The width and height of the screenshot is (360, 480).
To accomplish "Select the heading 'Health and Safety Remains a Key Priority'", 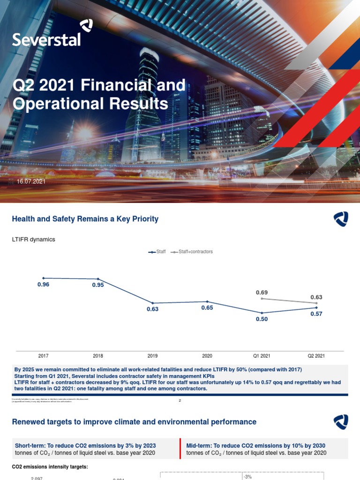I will point(85,219).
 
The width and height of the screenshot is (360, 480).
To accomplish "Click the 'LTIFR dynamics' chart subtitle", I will point(33,240).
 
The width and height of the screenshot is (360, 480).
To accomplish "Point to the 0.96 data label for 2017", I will point(43,285).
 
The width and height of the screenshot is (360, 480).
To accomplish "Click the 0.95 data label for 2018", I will point(97,285).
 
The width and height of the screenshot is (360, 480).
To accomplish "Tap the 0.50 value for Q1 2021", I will point(262,319).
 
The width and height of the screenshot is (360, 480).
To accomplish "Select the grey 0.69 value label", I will point(262,292).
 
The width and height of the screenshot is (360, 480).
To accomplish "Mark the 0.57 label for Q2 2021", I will point(316,314).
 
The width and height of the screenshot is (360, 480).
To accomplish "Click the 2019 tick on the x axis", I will point(152,356).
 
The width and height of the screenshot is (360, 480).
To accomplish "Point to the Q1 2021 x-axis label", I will point(262,356).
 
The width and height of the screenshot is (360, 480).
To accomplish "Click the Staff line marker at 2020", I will point(207,301).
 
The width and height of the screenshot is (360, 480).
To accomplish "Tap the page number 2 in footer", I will point(180,400).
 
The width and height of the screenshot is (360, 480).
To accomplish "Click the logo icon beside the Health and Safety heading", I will point(341,219).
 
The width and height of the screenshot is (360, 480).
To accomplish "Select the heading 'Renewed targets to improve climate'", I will point(134,422).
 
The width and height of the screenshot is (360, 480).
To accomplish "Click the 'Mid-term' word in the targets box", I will point(199,445).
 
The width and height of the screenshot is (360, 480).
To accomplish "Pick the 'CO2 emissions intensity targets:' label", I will point(50,467).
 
